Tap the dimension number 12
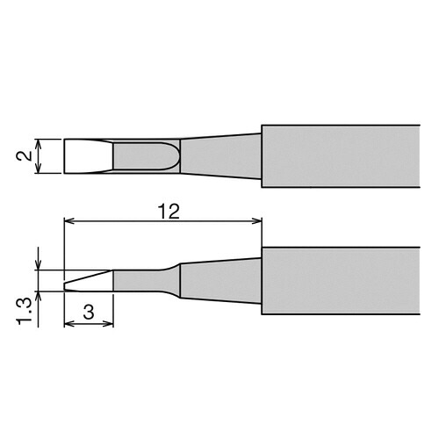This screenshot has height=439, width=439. pyautogui.click(x=169, y=212)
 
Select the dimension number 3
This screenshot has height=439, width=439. pyautogui.click(x=89, y=312)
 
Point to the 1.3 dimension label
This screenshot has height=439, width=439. pyautogui.click(x=25, y=312)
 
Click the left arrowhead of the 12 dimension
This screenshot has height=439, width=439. pyautogui.click(x=69, y=220)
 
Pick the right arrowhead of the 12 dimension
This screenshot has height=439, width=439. pyautogui.click(x=256, y=220)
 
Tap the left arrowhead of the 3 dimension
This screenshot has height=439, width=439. pyautogui.click(x=69, y=323)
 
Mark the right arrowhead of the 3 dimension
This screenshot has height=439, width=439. pyautogui.click(x=108, y=323)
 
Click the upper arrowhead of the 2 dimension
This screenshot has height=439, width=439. pyautogui.click(x=39, y=144)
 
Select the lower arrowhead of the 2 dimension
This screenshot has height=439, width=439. pyautogui.click(x=39, y=168)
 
